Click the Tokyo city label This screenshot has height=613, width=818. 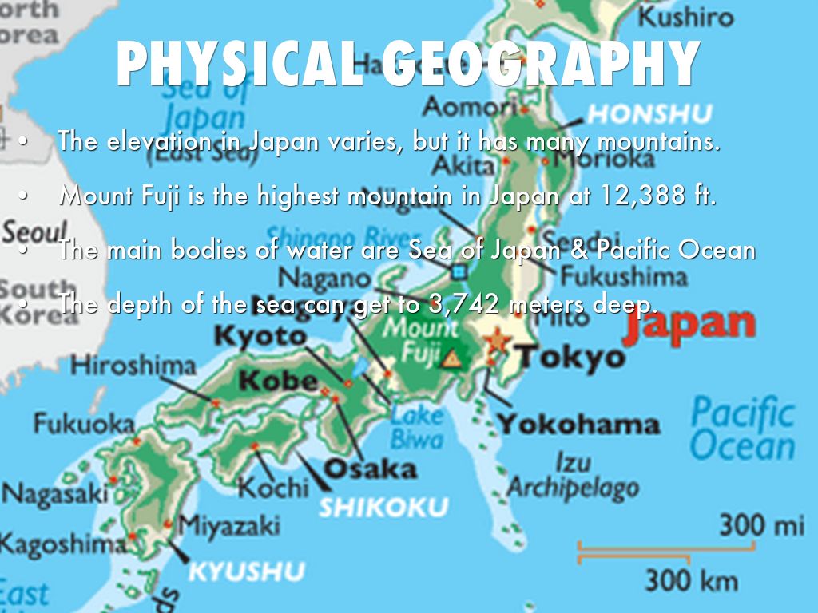pyautogui.click(x=570, y=357)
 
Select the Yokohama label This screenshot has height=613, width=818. pyautogui.click(x=579, y=424)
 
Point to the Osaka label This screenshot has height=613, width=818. pyautogui.click(x=370, y=468)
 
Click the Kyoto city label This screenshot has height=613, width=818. pyautogui.click(x=260, y=336)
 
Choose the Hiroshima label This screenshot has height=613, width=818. pyautogui.click(x=133, y=366)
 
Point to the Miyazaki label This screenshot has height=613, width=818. pyautogui.click(x=228, y=525)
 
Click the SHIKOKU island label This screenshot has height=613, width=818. pyautogui.click(x=383, y=507)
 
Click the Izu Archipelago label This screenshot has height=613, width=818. pyautogui.click(x=573, y=476)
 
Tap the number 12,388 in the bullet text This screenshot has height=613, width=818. pyautogui.click(x=638, y=196)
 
